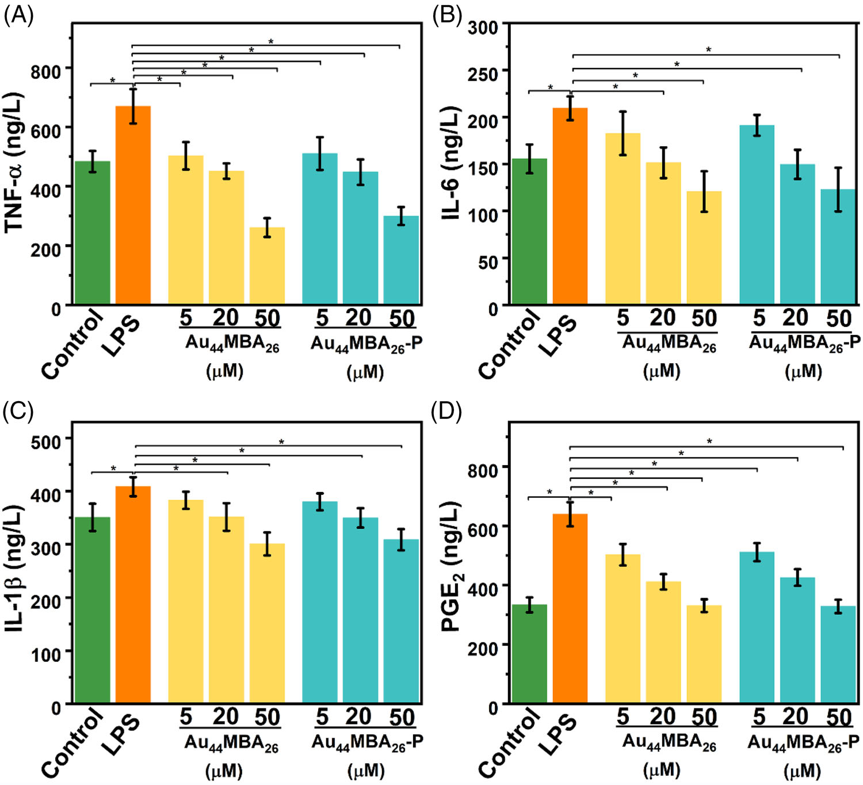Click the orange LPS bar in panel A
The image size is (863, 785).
[133, 205]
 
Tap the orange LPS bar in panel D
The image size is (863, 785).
[570, 608]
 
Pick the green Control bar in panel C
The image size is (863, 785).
[93, 610]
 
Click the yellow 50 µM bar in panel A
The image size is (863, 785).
[267, 265]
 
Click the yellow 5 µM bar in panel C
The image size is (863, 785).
[186, 601]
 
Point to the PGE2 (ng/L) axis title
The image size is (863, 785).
[452, 567]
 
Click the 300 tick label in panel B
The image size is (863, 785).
[483, 27]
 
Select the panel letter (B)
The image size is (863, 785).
[447, 15]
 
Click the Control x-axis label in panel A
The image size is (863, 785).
[72, 344]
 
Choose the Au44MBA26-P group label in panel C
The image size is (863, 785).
[367, 743]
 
